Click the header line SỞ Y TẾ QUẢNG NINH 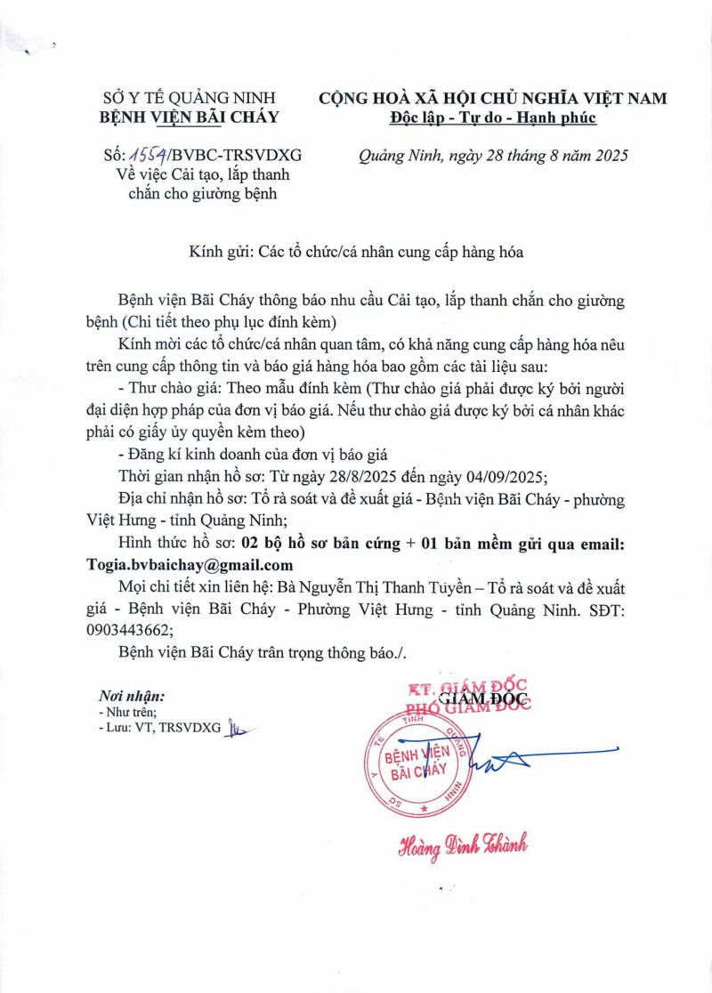point(191,98)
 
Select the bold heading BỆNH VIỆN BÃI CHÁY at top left point(190,117)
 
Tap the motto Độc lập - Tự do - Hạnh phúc point(493,117)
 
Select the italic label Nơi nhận point(132,696)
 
